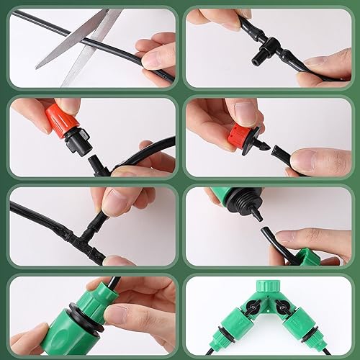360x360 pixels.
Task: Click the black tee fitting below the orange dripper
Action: pyautogui.click(x=102, y=166)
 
